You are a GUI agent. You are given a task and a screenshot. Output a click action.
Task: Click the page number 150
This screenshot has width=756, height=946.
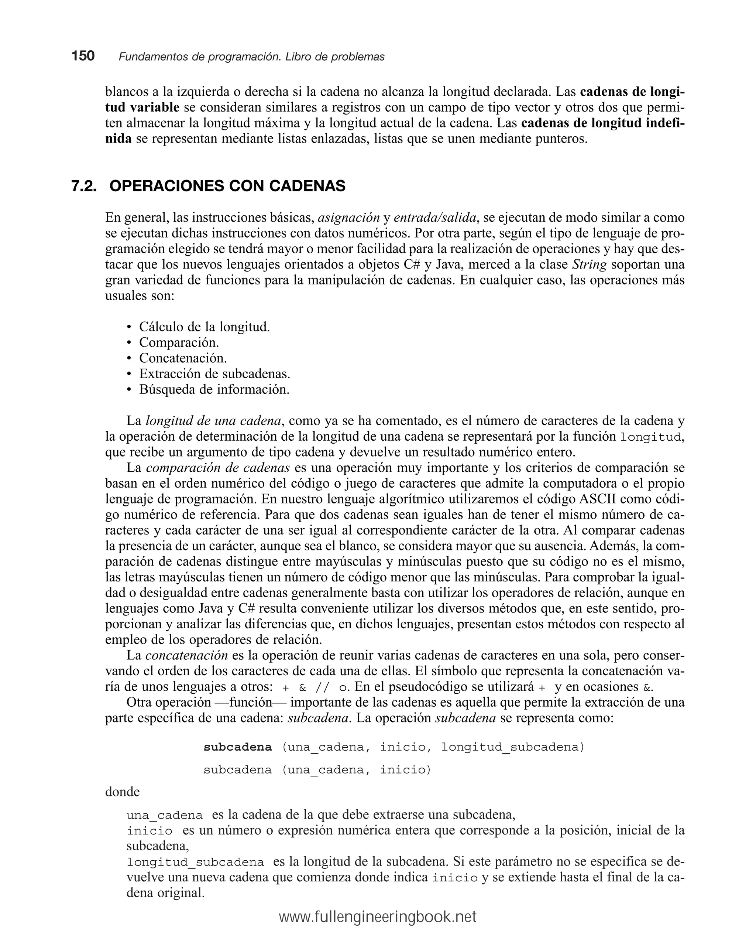point(83,56)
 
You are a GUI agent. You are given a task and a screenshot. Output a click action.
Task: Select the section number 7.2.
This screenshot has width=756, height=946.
point(84,186)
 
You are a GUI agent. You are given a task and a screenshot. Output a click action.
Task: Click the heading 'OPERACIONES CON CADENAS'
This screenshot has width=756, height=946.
point(227,186)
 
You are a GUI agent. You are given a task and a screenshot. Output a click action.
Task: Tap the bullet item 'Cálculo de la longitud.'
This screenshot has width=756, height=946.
point(205,327)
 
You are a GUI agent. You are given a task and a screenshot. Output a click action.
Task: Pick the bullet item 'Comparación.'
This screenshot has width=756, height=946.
point(179,343)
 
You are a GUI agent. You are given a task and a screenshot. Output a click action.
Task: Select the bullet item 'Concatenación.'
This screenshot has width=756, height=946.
point(183,358)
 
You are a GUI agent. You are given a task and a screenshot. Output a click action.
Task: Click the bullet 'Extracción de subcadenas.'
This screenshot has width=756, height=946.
point(215,374)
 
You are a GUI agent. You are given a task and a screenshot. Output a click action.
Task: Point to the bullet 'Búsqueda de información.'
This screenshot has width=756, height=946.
point(214,390)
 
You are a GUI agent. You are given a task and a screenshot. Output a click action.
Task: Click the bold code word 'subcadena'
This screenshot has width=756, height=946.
point(238,747)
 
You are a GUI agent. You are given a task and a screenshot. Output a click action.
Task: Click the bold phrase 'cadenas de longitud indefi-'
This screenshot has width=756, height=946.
point(603,123)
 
